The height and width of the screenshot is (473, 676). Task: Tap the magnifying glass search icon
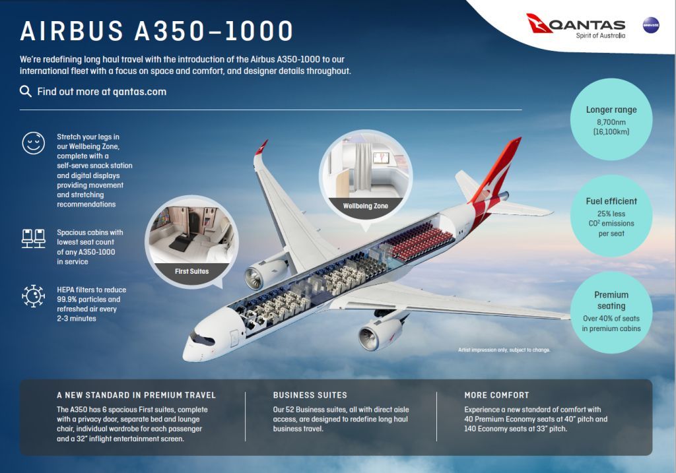coord(26,91)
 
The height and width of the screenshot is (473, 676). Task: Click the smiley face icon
coord(33,143)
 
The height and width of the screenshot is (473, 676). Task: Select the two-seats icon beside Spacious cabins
coord(34,238)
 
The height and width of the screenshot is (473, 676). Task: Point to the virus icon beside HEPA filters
coord(33,296)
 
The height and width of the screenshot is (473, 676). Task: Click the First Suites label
coord(192,271)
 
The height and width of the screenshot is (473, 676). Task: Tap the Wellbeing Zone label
coord(366,206)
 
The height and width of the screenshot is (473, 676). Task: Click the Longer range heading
coord(611,110)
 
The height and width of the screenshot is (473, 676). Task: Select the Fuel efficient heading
coord(611,201)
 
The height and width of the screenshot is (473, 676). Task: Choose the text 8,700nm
coord(611,122)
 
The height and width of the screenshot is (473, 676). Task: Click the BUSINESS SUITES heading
coord(310,395)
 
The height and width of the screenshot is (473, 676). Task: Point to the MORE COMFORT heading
coord(496,395)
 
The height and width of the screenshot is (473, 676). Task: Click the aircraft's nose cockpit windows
coord(203,338)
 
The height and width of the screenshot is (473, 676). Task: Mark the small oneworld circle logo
coord(650,26)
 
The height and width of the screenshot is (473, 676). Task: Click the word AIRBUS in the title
coord(72,31)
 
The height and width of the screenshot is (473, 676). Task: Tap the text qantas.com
coord(140,92)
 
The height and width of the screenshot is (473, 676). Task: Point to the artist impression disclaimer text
coord(504,350)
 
